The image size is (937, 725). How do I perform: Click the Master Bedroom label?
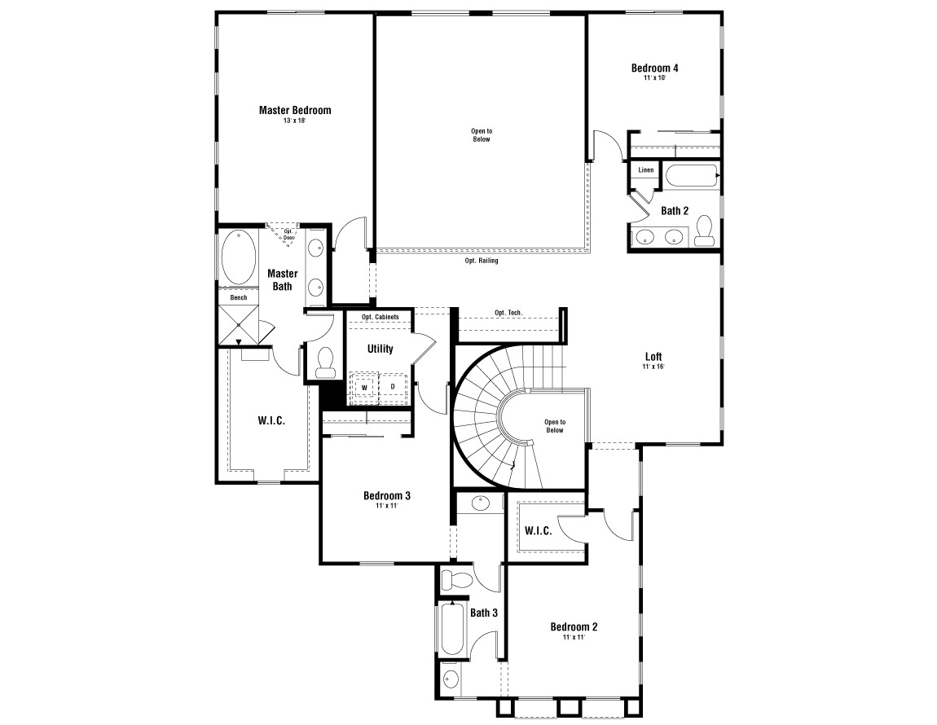295,110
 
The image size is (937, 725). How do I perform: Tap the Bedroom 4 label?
654,68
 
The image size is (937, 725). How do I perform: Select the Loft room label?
653,357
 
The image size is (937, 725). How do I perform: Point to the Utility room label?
380,349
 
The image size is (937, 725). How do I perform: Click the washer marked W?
364,386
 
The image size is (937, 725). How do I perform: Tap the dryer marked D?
393,386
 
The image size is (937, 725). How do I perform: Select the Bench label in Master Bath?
238,297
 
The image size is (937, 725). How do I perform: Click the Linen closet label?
645,170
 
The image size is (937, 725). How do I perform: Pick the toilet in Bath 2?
705,230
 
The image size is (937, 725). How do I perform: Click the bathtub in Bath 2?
691,176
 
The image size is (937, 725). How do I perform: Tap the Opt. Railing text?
482,261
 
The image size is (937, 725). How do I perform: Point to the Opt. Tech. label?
508,313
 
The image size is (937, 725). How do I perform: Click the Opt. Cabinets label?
380,317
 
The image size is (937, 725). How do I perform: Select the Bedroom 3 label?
386,495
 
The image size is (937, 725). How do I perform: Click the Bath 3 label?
483,613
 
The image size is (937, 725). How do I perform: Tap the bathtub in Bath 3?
451,628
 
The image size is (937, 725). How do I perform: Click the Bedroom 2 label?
574,626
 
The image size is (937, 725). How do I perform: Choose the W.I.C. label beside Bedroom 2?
538,531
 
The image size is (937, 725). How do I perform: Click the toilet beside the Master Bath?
325,362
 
